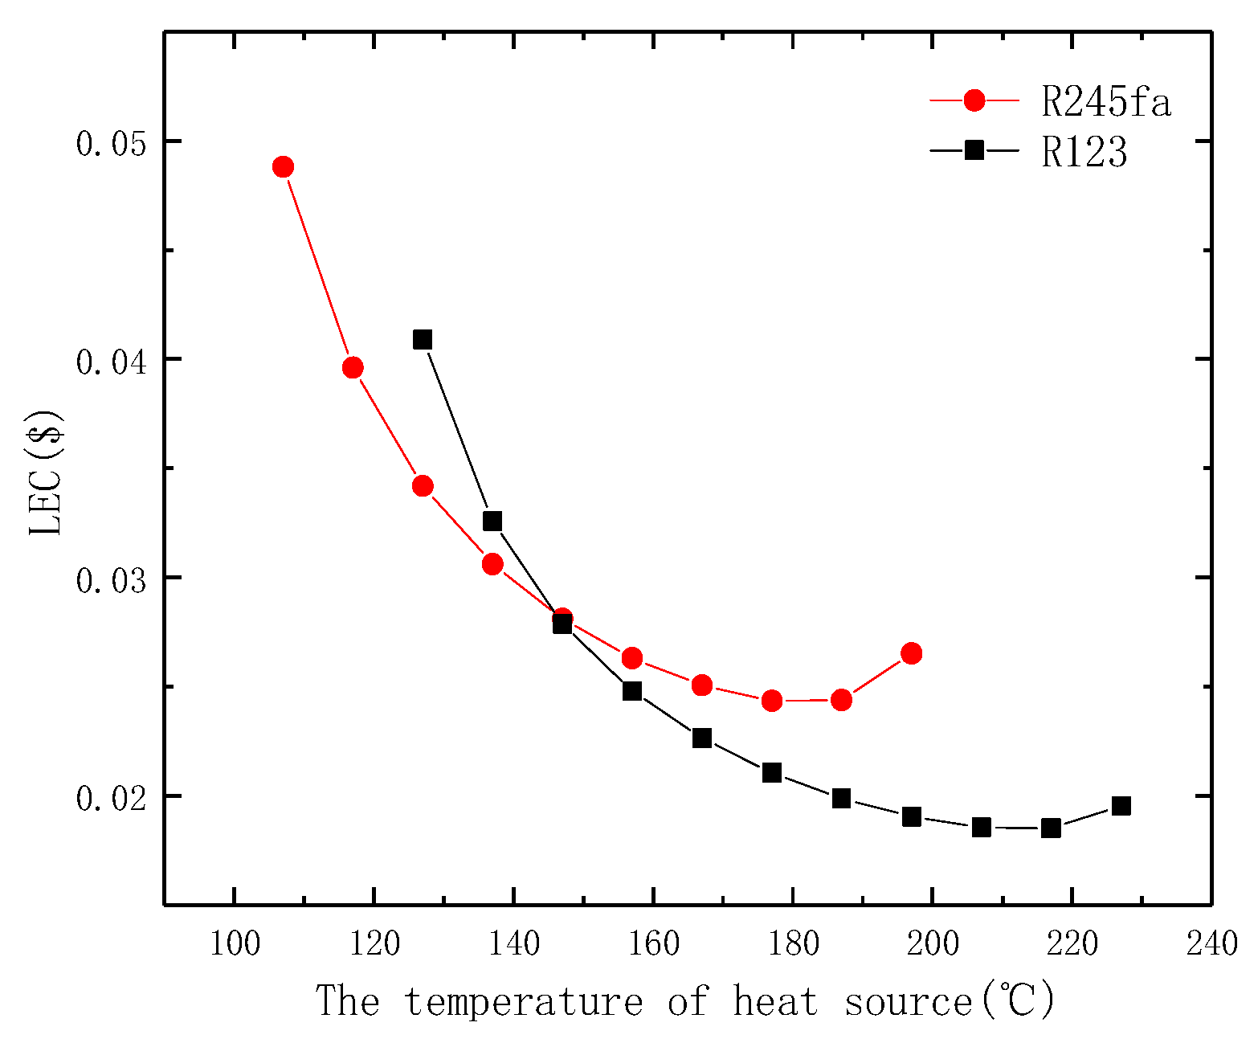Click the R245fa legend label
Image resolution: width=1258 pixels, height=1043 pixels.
tap(1105, 101)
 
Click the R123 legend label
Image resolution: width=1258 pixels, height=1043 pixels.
tap(1084, 151)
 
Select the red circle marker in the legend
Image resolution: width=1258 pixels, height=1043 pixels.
tap(974, 100)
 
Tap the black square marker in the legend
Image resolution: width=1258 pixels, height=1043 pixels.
tap(974, 150)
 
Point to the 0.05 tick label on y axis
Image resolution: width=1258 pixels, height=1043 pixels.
tap(112, 144)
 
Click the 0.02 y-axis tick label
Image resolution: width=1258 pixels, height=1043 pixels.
tap(112, 799)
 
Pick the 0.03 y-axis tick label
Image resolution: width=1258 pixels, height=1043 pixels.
tap(112, 580)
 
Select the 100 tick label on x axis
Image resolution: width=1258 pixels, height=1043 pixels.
tap(235, 943)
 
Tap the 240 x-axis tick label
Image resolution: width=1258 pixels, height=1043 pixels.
tap(1211, 943)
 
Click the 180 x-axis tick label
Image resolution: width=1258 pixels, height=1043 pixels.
tap(793, 943)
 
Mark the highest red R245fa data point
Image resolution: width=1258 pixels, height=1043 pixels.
tap(283, 167)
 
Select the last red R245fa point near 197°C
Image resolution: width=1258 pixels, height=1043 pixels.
tap(911, 653)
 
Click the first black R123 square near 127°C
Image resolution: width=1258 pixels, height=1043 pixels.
tap(423, 339)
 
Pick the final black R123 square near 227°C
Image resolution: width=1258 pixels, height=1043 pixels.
tap(1121, 806)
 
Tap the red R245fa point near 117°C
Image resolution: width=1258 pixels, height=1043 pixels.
tap(353, 368)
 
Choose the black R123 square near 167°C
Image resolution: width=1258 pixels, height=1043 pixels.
tap(702, 738)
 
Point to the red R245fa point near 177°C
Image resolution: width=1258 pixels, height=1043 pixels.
tap(772, 701)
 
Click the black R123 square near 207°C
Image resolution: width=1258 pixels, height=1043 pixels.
tap(981, 827)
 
